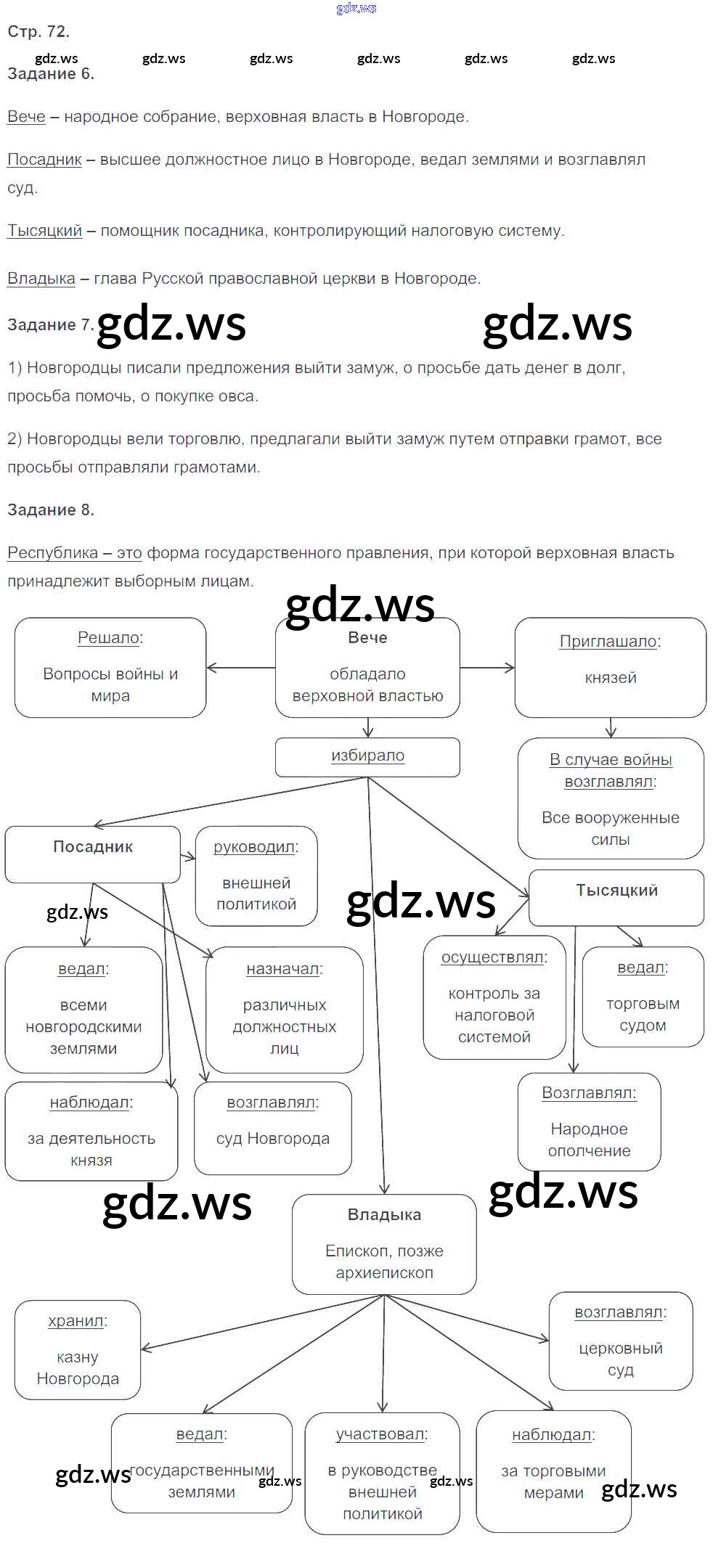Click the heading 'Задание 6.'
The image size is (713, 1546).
51,74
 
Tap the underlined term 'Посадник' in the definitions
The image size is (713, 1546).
44,160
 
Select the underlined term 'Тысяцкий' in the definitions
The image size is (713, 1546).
44,231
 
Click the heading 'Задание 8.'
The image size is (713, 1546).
51,510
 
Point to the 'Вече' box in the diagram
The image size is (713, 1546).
367,667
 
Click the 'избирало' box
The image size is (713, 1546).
367,756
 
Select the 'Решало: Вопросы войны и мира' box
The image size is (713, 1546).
110,667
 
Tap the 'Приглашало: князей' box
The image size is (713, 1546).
610,667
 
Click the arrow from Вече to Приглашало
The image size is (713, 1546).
487,668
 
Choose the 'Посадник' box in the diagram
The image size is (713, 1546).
92,854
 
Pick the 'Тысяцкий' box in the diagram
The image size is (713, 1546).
616,897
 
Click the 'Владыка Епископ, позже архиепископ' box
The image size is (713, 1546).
384,1244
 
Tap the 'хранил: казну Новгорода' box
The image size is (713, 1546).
78,1349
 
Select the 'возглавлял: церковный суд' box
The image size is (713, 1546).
620,1341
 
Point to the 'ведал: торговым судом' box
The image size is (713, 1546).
643,997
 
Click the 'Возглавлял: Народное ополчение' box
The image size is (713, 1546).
589,1121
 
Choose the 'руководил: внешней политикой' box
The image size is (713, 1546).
256,876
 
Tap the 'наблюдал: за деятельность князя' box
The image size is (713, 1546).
91,1131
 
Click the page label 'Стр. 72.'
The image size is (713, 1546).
38,32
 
